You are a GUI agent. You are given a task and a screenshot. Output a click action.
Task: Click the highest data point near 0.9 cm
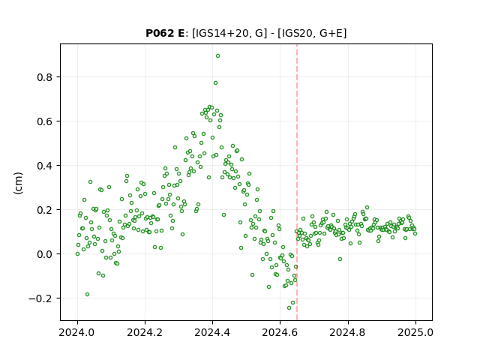pos(217,56)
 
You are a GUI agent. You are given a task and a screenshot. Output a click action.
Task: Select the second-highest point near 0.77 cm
pos(215,83)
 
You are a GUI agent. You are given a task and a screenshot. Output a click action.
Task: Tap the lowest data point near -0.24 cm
pos(289,307)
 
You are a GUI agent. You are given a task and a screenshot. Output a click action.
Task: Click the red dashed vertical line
pos(297,182)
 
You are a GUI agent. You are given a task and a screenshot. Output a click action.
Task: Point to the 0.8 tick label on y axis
pos(44,77)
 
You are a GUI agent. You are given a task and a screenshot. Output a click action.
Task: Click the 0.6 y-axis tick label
pos(44,121)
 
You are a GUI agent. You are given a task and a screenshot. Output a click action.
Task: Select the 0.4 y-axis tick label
pos(44,166)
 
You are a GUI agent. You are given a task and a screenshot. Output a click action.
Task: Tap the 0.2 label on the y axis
pos(44,210)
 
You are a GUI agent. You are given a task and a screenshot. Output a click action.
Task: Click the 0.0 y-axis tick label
pos(44,254)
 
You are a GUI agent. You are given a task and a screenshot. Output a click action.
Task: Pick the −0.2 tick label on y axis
pos(40,298)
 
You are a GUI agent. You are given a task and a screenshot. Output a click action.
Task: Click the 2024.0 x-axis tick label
pos(77,332)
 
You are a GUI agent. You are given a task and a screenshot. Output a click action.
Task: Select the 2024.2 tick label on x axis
pos(145,332)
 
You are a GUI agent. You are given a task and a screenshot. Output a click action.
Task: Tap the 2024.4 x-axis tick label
pos(212,332)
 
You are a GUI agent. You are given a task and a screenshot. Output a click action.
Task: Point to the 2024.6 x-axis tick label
pos(280,332)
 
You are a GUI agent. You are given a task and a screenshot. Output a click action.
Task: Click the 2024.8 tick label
pos(347,332)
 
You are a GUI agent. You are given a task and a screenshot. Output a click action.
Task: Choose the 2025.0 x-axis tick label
pos(415,332)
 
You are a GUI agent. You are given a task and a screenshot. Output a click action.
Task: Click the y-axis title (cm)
pos(18,183)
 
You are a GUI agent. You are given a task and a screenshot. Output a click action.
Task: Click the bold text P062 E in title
pos(165,33)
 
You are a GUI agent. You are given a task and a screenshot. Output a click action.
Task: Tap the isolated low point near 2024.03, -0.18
pos(87,295)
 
